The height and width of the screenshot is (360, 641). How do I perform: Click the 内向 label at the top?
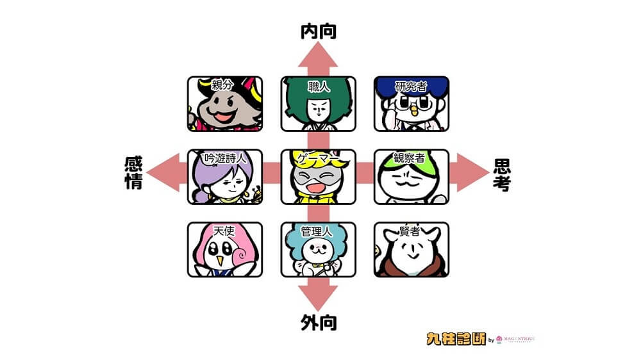coord(319,31)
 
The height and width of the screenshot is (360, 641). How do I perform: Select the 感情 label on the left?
coord(133,173)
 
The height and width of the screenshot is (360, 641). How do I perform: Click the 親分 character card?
coord(225,104)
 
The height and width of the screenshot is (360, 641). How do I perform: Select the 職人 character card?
coord(319,104)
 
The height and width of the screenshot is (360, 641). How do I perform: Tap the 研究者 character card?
coord(412,104)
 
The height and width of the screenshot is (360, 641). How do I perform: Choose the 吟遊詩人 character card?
coord(225,177)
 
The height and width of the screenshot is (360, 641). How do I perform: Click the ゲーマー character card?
coord(319,177)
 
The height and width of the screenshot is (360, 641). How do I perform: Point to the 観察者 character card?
coord(412,177)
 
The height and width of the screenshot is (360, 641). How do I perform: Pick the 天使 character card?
coord(225,249)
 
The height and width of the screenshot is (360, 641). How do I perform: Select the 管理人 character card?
coord(319,249)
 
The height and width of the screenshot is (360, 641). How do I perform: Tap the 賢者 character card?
coord(412,249)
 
